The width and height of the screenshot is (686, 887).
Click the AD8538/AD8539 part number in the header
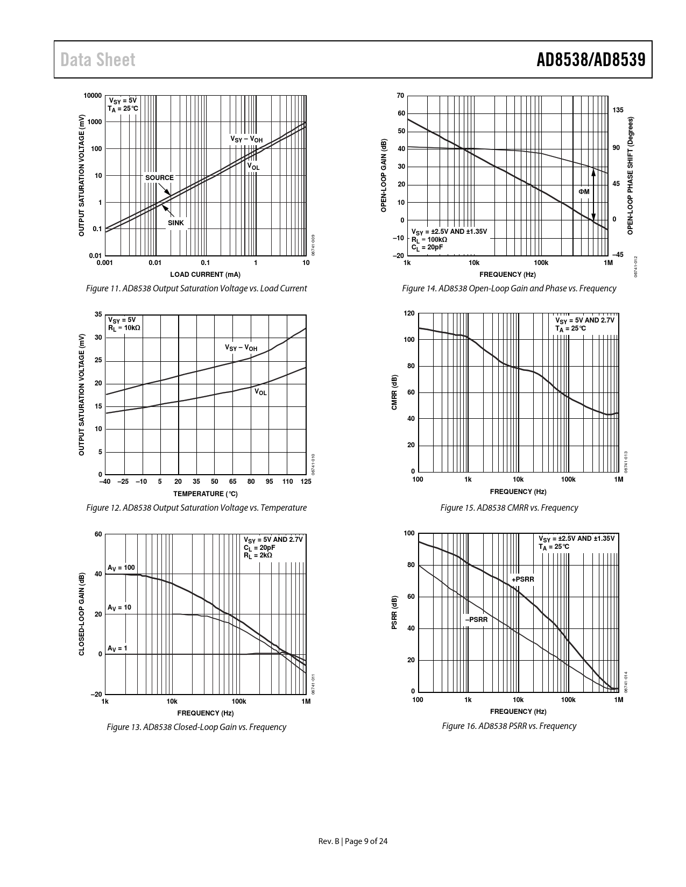coord(591,60)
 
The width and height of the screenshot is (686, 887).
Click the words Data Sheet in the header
coord(98,60)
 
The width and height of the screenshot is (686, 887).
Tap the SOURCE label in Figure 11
coord(159,178)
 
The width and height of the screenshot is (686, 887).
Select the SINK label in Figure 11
coord(175,223)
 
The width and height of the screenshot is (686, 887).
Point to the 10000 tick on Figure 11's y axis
coord(93,96)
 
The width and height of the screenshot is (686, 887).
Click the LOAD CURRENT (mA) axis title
coord(206,275)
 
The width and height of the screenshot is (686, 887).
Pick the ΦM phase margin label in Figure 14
coord(584,192)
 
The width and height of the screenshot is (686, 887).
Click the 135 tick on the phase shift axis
coord(618,110)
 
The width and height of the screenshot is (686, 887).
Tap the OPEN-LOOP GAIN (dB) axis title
coord(384,176)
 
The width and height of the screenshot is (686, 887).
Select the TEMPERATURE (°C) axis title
coord(206,493)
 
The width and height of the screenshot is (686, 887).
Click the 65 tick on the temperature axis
coord(233,482)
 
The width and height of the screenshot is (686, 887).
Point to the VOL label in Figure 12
coord(260,392)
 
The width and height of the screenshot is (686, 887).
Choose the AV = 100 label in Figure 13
coord(121,568)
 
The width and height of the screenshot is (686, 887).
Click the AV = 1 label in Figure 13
coord(117,648)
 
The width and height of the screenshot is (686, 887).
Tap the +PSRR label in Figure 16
coord(523,579)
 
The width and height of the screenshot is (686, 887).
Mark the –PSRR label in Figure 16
coord(477,620)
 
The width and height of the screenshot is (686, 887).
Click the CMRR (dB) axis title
coord(394,393)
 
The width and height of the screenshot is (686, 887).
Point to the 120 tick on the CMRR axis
coord(409,313)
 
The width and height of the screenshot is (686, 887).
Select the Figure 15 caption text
coord(509,507)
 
